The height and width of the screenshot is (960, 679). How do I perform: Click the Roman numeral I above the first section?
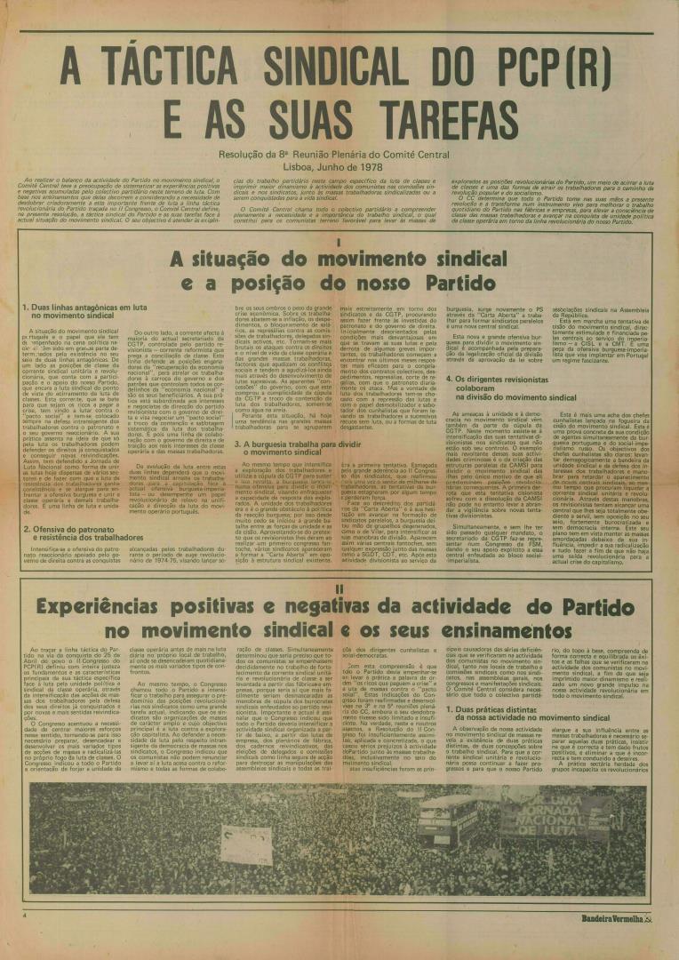point(339,242)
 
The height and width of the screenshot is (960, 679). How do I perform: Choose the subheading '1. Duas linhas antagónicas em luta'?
point(76,307)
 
